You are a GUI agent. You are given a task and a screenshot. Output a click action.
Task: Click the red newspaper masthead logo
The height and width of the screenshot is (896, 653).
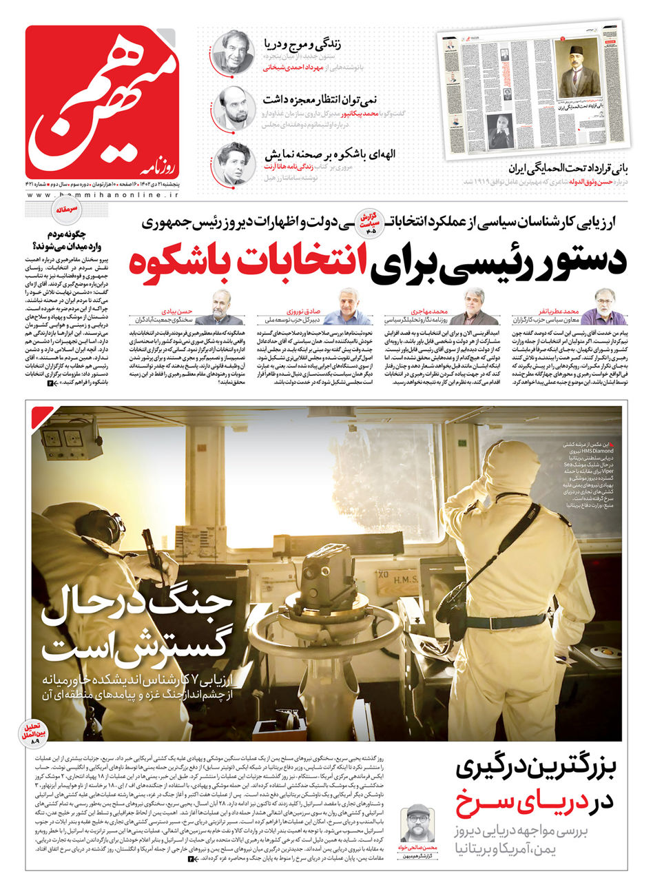tap(102, 101)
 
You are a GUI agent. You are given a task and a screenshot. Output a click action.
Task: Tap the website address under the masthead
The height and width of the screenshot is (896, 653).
tap(102, 196)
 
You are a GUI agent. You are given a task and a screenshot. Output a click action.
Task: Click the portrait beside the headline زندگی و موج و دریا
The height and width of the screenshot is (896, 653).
tap(232, 51)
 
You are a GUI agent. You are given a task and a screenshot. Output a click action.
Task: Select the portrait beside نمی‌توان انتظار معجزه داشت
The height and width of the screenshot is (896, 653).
tap(233, 107)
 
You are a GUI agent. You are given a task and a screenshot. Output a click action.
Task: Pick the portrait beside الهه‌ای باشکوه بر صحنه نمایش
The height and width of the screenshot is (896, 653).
tap(232, 163)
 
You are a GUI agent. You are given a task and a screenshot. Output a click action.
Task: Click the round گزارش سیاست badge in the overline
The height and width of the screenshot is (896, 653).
tap(369, 224)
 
